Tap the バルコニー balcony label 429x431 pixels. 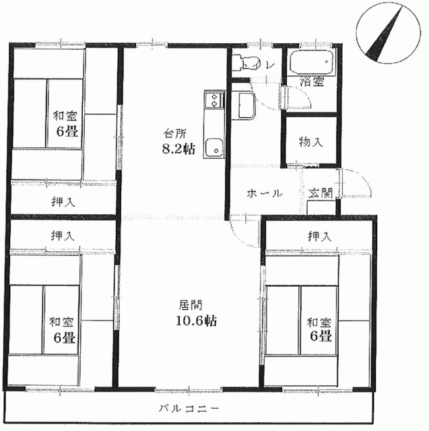pos(189,408)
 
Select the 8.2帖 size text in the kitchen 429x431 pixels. pos(178,150)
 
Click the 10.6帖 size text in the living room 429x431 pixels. pos(196,321)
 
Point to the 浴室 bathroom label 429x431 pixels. pos(312,81)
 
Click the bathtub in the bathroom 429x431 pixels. pos(312,62)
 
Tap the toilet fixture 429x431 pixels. pos(245,62)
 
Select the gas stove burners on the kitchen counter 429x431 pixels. pos(213,100)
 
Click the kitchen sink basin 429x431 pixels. pos(213,147)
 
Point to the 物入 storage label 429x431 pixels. pos(310,142)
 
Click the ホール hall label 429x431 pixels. pos(265,193)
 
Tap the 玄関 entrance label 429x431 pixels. pos(321,193)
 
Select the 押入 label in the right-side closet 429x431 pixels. pos(319,236)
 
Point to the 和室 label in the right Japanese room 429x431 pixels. pos(319,322)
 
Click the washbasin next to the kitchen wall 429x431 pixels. pos(246,106)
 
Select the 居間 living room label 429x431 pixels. pos(191,305)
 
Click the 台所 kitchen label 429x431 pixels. pos(176,134)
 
